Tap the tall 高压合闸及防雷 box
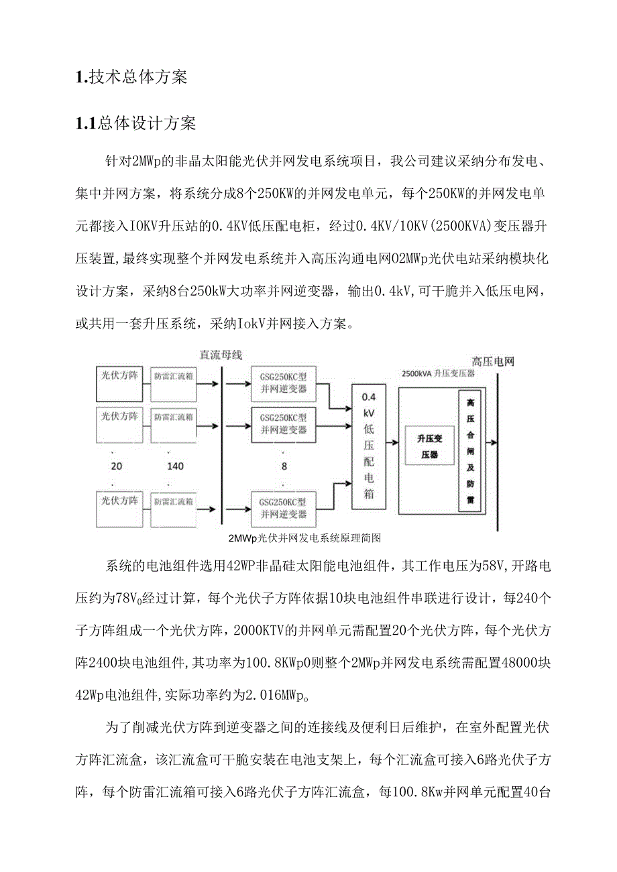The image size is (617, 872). (470, 450)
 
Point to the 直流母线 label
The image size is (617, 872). (220, 355)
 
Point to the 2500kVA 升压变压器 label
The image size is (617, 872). (437, 373)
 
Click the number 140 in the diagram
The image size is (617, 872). (176, 466)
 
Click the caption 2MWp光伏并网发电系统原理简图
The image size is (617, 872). (304, 538)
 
